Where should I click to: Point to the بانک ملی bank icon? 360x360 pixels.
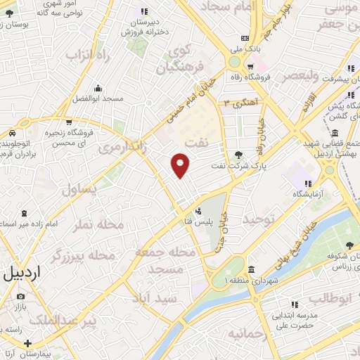click(244, 38)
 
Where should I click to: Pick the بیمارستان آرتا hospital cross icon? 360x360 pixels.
click(27, 344)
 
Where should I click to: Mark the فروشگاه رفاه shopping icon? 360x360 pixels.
click(250, 67)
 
